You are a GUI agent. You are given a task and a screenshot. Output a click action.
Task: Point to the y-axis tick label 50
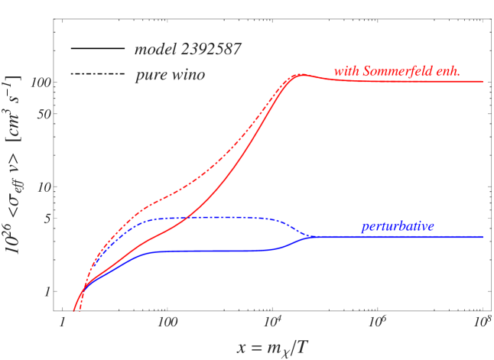43,113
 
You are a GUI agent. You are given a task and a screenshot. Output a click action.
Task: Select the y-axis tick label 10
43,186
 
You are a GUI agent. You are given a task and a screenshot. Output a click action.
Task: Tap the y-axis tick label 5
46,218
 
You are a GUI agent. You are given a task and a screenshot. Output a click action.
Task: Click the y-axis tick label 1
46,291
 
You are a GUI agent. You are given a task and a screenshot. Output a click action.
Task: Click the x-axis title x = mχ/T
273,346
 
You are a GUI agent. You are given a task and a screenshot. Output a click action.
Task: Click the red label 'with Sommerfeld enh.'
396,72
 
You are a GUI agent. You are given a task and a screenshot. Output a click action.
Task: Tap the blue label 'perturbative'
398,226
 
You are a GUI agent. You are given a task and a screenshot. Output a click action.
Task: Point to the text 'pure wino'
169,76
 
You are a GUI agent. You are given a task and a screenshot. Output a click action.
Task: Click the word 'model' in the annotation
154,51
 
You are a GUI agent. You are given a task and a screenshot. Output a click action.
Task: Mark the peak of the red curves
301,75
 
